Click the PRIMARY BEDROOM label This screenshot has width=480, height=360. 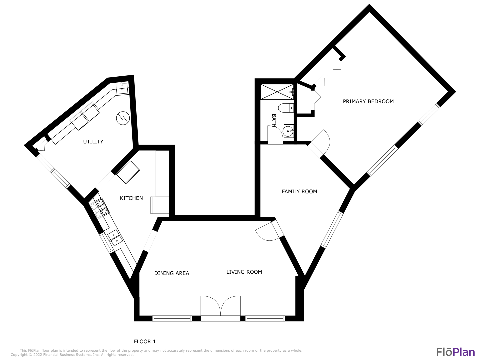click(x=368, y=101)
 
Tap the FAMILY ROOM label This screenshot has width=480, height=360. click(x=299, y=191)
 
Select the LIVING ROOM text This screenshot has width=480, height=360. click(x=244, y=272)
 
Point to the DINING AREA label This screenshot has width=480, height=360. click(x=172, y=273)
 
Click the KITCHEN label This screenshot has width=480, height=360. click(x=131, y=198)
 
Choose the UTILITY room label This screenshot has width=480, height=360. click(x=93, y=142)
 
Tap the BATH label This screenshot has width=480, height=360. click(x=274, y=120)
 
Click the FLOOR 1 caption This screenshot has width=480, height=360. click(x=145, y=341)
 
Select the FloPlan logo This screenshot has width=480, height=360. click(x=455, y=352)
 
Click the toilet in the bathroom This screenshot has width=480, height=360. click(x=286, y=108)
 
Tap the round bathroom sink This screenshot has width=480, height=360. click(x=288, y=131)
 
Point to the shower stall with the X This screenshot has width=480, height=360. click(x=277, y=92)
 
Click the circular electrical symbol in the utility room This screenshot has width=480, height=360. click(x=123, y=118)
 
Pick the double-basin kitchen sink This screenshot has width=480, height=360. click(x=114, y=238)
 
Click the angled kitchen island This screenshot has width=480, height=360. click(x=128, y=172)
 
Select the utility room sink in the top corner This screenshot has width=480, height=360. click(x=122, y=89)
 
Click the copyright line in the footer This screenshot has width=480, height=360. click(x=72, y=355)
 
